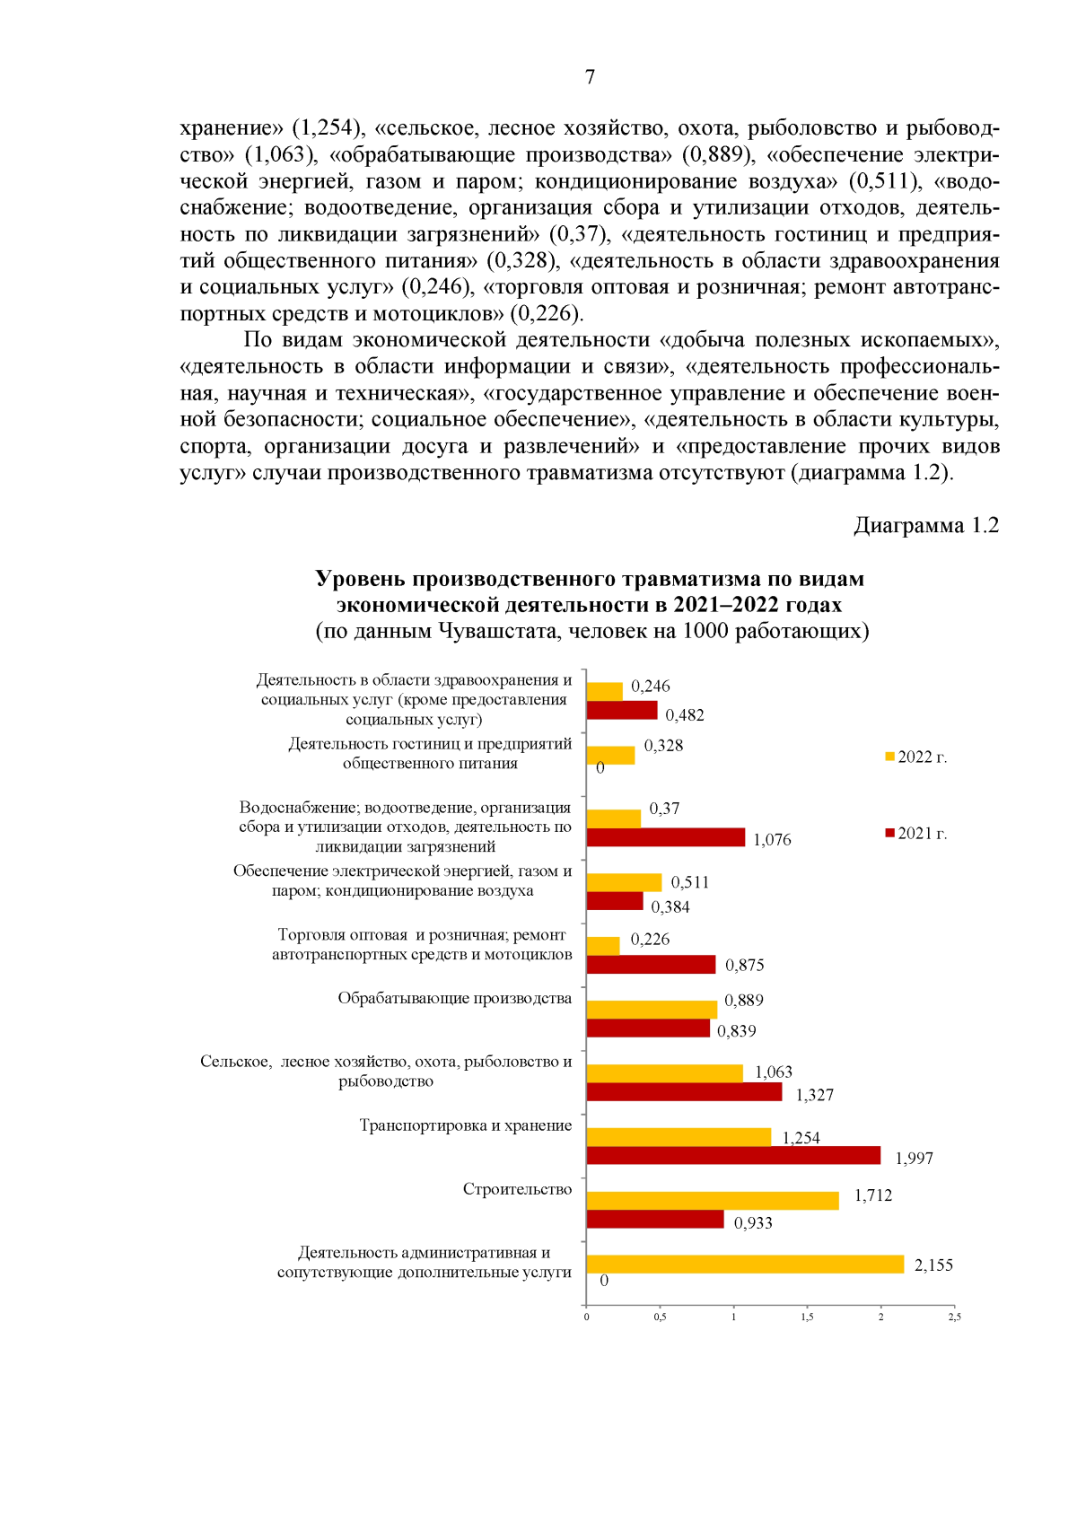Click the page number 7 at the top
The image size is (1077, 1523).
pyautogui.click(x=590, y=77)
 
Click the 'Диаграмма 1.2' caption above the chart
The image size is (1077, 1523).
pyautogui.click(x=925, y=526)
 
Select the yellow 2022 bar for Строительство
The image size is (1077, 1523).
pyautogui.click(x=713, y=1201)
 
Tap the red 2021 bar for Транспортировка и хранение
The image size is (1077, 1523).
pyautogui.click(x=733, y=1155)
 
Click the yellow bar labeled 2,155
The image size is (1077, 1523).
pyautogui.click(x=745, y=1264)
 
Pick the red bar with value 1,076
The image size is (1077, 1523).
pyautogui.click(x=666, y=837)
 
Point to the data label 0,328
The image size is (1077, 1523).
pyautogui.click(x=663, y=746)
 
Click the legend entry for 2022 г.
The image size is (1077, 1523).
pyautogui.click(x=916, y=757)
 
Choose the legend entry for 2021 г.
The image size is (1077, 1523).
pyautogui.click(x=916, y=834)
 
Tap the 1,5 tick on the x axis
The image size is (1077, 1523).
pyautogui.click(x=807, y=1317)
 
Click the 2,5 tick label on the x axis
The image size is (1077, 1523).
pyautogui.click(x=954, y=1317)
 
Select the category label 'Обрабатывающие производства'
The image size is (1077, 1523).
pyautogui.click(x=454, y=998)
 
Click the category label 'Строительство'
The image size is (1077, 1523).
pyautogui.click(x=517, y=1189)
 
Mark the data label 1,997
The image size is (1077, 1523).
pyautogui.click(x=914, y=1159)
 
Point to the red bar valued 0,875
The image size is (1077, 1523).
pyautogui.click(x=651, y=964)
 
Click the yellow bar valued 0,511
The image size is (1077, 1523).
pyautogui.click(x=624, y=882)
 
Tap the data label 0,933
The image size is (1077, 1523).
pyautogui.click(x=753, y=1223)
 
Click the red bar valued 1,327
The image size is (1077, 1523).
pyautogui.click(x=684, y=1092)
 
